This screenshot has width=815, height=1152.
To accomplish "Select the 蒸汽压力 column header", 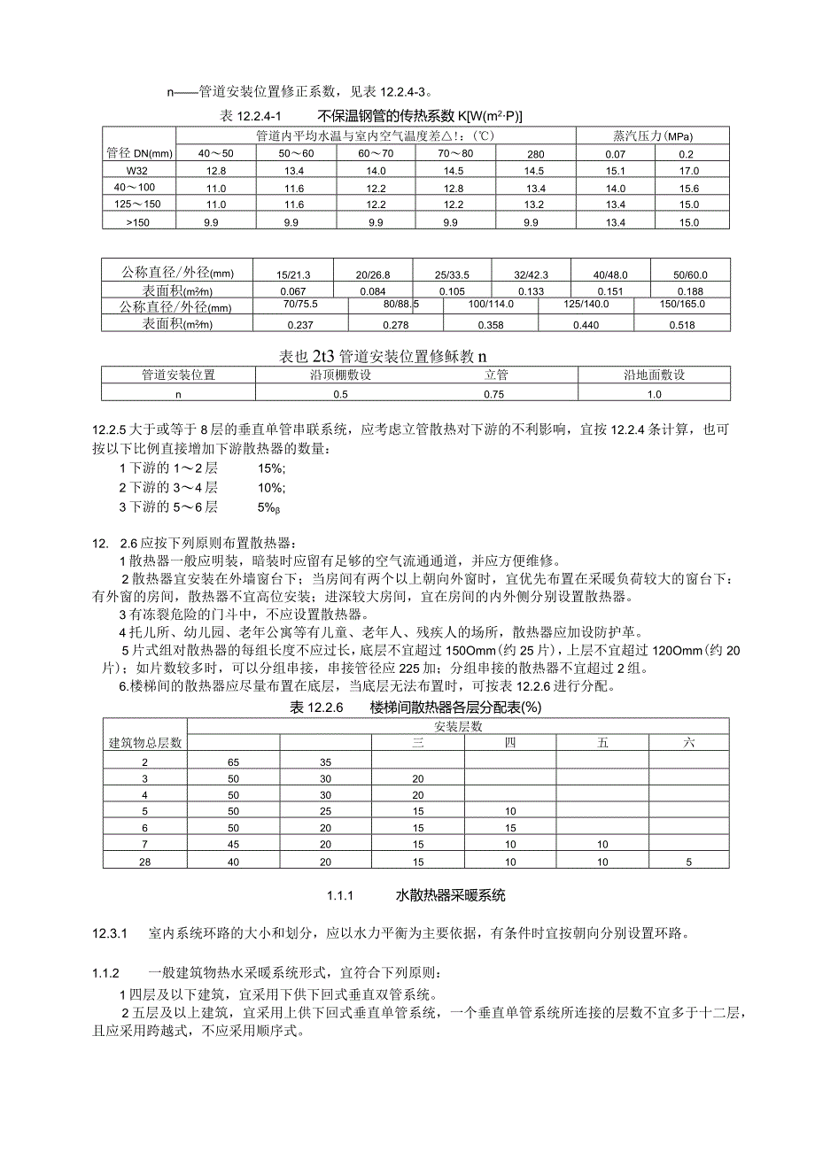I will point(652,136).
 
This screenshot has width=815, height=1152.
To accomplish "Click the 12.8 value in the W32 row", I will point(216,170).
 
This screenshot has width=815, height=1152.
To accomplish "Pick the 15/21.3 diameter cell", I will point(292,274).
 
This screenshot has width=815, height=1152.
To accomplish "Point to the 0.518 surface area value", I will point(682,325).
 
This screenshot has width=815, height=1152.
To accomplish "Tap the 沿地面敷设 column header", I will point(655,375).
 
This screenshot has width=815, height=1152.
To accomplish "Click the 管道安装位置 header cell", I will point(178,375).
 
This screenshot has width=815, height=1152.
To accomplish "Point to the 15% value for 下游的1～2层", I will point(270,467).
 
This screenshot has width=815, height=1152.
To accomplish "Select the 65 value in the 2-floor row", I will point(233,762).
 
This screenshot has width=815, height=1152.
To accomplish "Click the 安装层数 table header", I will point(457,726).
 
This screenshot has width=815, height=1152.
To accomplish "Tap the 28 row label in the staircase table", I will point(144,861).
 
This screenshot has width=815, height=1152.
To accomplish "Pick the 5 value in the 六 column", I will point(688,861).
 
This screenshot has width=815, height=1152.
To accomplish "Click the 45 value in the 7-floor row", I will point(233,844).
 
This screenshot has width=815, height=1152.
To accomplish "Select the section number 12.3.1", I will point(111,933).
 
